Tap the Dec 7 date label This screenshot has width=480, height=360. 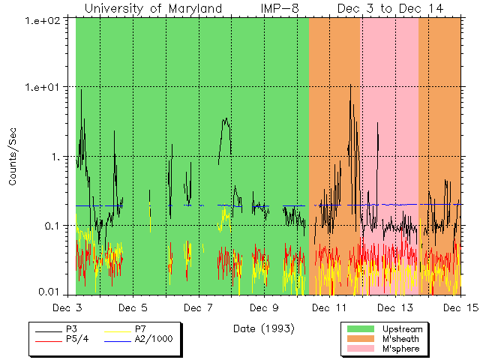[x=199, y=307]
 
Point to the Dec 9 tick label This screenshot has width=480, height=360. [x=264, y=307]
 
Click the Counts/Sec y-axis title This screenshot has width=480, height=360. [x=13, y=157]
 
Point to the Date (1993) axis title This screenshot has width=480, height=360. [x=262, y=328]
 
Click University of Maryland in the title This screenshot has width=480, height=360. [x=153, y=8]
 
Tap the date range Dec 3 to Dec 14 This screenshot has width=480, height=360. [x=390, y=8]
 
